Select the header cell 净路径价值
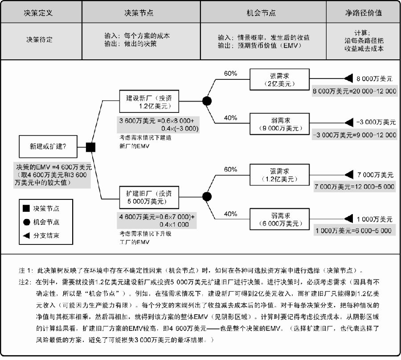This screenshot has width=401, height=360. coord(363,12)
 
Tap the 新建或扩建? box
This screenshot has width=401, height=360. coord(48,146)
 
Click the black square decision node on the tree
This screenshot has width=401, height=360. coord(90,147)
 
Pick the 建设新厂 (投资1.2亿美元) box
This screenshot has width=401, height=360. coord(149,101)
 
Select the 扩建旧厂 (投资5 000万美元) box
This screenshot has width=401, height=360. coord(149,198)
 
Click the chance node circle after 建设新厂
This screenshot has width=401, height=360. coord(207,101)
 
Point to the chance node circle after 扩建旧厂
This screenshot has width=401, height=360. coord(207,197)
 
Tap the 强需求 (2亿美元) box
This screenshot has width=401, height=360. coord(279,79)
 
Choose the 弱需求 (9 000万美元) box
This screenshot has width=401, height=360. coord(279,124)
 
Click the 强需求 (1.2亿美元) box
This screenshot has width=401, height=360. coord(279,175)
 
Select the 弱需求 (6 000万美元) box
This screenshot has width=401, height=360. coord(279,219)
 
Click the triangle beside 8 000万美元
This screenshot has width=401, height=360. coord(349,79)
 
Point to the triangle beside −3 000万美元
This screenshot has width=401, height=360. coord(349,122)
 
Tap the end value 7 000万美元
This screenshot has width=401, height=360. coord(375,175)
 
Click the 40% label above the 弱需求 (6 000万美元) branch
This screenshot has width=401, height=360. coord(230,214)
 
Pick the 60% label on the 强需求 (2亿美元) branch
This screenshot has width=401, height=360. coord(230,74)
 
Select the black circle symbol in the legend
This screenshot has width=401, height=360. coord(27,222)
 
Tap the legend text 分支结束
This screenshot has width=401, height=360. coord(46,235)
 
